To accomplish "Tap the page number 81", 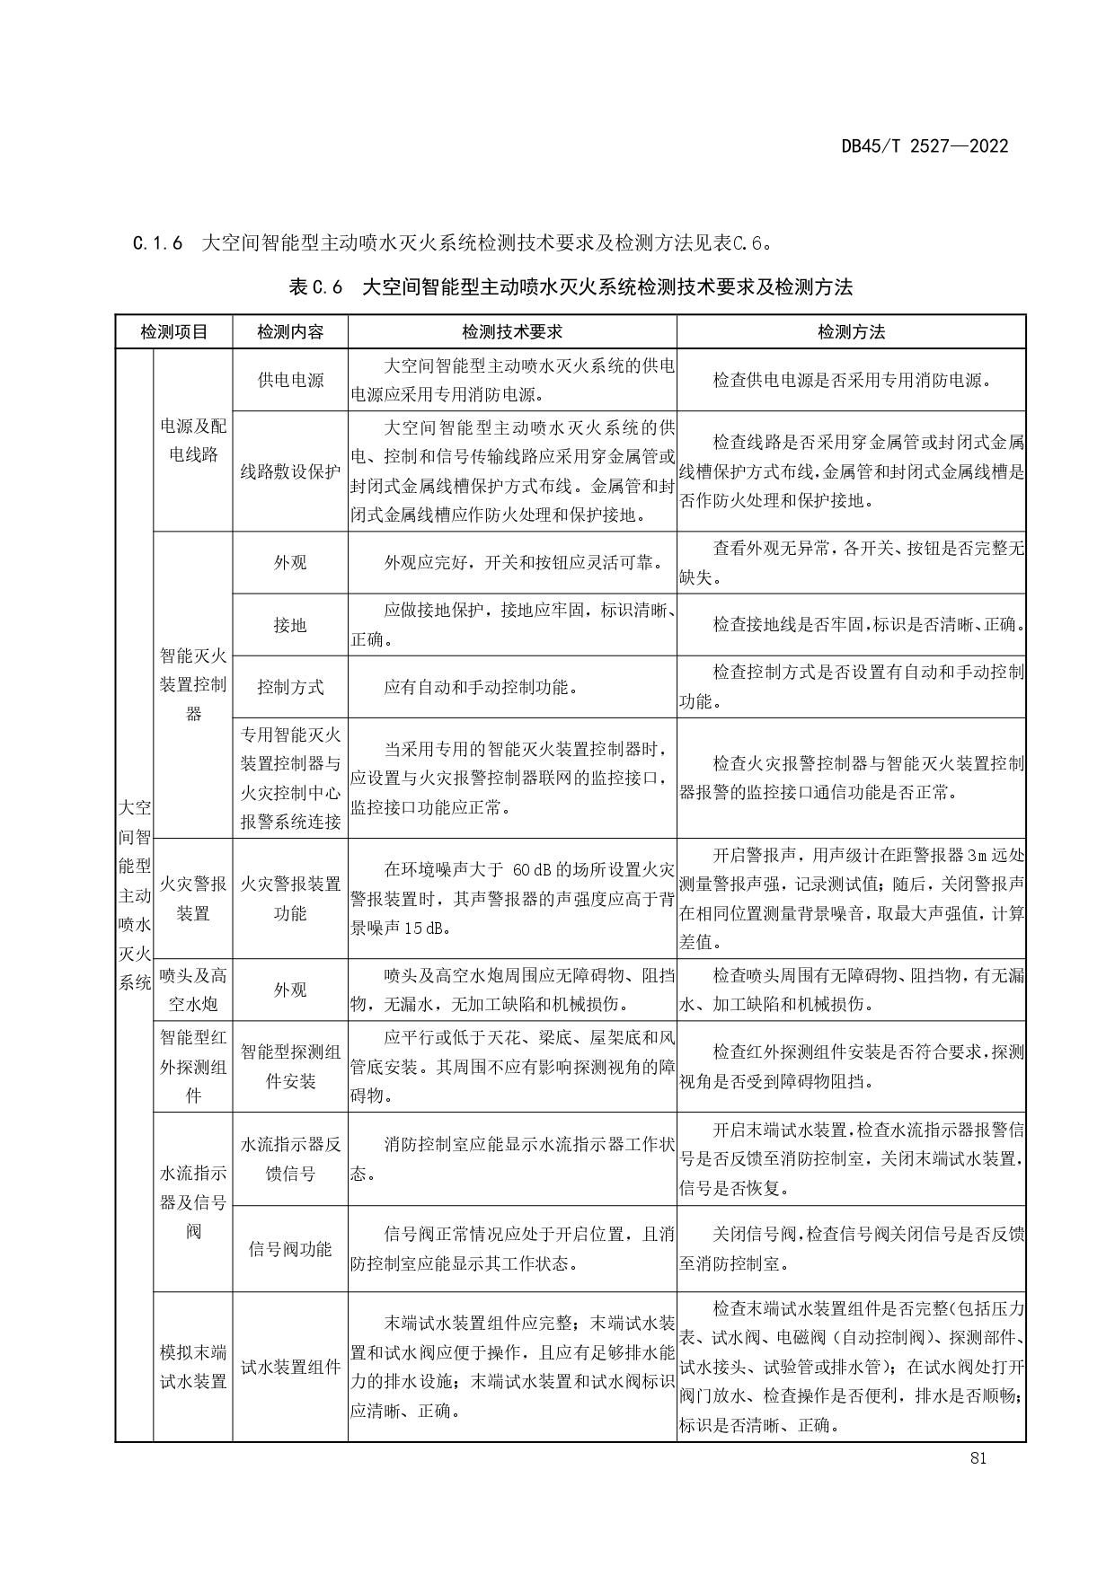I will click(978, 1458).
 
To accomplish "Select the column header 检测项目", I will click(173, 332).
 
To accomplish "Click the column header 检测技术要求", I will click(512, 332).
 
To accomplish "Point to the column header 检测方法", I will click(851, 332).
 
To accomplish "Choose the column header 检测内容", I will click(290, 332).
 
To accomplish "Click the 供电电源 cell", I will click(290, 380).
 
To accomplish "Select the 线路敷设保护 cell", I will click(290, 471).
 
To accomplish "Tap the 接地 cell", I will click(290, 625).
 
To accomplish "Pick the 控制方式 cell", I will click(290, 687).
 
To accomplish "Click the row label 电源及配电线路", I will click(193, 440).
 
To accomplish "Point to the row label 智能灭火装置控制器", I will click(193, 685).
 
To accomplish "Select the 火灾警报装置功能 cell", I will click(290, 899).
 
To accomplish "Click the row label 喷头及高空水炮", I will click(193, 990).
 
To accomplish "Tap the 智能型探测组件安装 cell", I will click(290, 1067).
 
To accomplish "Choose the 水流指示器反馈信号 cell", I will click(290, 1158).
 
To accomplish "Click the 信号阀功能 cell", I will click(290, 1249).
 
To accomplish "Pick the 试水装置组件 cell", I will click(290, 1367).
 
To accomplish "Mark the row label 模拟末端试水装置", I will click(193, 1367).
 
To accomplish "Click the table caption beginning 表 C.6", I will click(571, 287).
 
